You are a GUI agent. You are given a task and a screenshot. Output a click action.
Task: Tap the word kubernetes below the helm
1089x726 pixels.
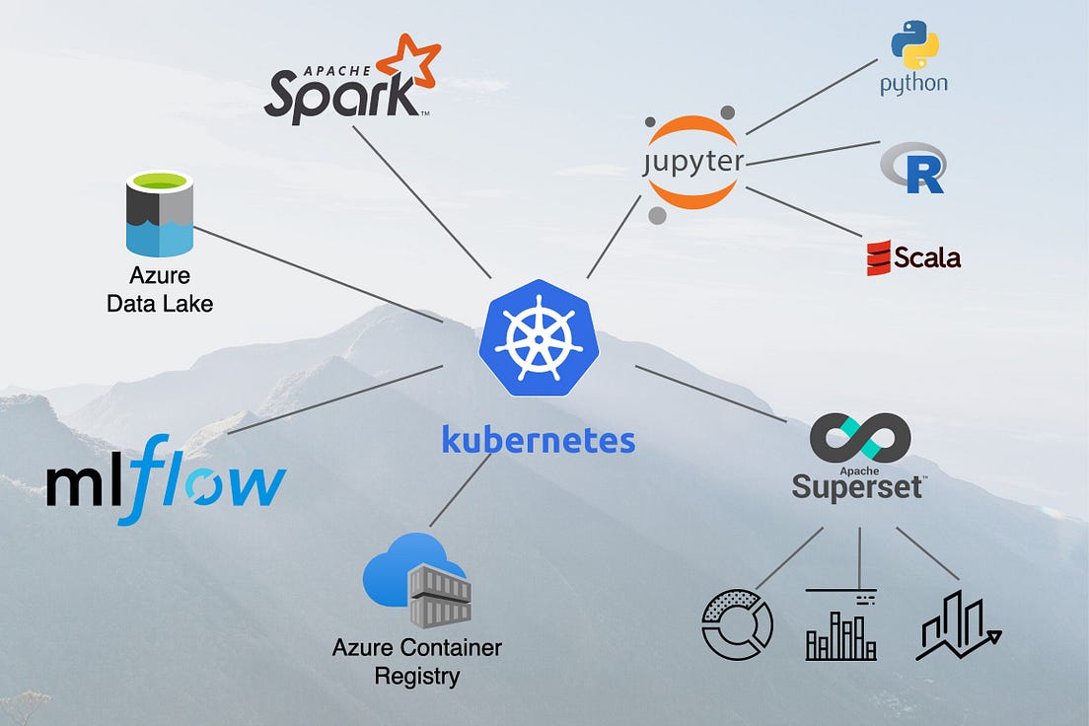coord(539,439)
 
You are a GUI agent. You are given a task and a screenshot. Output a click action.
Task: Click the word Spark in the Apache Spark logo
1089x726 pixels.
coord(339,97)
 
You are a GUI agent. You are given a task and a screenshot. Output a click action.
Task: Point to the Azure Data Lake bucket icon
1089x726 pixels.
coord(159,214)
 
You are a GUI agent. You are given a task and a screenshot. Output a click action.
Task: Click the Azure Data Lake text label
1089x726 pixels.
coord(159,289)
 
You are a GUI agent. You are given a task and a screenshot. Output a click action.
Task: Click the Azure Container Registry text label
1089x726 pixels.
coord(416,662)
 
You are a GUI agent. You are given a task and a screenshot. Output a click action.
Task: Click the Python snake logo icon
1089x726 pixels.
coord(914,45)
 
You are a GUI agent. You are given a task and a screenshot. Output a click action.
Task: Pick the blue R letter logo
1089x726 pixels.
coord(914,168)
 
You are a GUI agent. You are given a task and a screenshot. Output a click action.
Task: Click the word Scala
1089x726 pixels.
coord(926,258)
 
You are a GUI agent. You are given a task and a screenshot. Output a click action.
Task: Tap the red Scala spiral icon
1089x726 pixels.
coord(878,258)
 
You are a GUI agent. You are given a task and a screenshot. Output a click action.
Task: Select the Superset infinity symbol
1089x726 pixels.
coord(859,440)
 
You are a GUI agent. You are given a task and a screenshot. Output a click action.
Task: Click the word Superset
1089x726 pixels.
coord(857,486)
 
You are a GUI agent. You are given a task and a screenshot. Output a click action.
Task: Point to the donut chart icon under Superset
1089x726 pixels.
coord(737,623)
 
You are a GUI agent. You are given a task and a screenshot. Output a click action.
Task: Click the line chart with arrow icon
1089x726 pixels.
coord(956,625)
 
